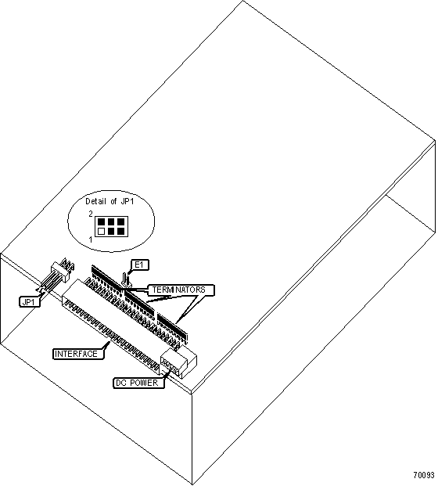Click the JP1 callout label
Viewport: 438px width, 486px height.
pos(30,301)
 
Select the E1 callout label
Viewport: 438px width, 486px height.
pos(139,265)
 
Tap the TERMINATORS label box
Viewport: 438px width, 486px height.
pos(179,290)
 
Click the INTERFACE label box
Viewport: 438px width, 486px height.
pos(78,354)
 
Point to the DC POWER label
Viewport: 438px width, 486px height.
pos(138,383)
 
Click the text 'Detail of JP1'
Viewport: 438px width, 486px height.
pos(109,201)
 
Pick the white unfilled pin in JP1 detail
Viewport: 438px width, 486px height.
pos(101,231)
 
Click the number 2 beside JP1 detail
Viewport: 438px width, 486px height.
pos(91,214)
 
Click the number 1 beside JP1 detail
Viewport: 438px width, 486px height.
pos(91,239)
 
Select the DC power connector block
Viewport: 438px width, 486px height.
pos(178,362)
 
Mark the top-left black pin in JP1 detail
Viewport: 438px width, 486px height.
pos(101,221)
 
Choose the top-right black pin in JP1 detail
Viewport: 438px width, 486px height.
pos(120,221)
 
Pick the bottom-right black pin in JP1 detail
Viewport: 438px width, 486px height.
pos(120,231)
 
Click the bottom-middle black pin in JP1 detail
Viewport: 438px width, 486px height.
pos(111,231)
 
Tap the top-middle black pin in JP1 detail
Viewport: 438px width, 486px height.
pos(111,221)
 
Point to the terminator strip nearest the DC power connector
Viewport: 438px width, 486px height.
pos(173,328)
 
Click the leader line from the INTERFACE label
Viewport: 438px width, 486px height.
pos(106,346)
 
